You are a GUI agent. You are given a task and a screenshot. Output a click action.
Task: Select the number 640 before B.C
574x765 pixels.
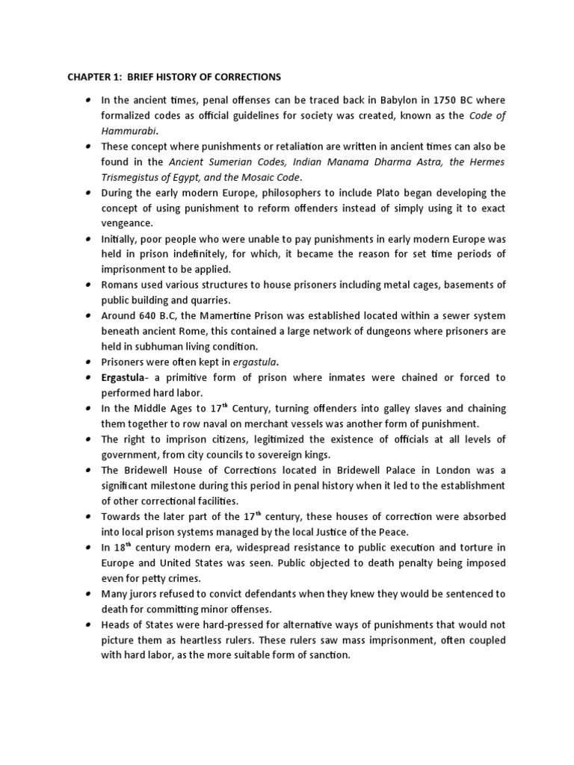click(148, 316)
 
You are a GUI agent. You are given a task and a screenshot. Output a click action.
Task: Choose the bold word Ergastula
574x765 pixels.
click(126, 378)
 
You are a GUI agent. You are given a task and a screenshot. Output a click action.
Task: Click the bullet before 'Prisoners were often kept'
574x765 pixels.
click(88, 362)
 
